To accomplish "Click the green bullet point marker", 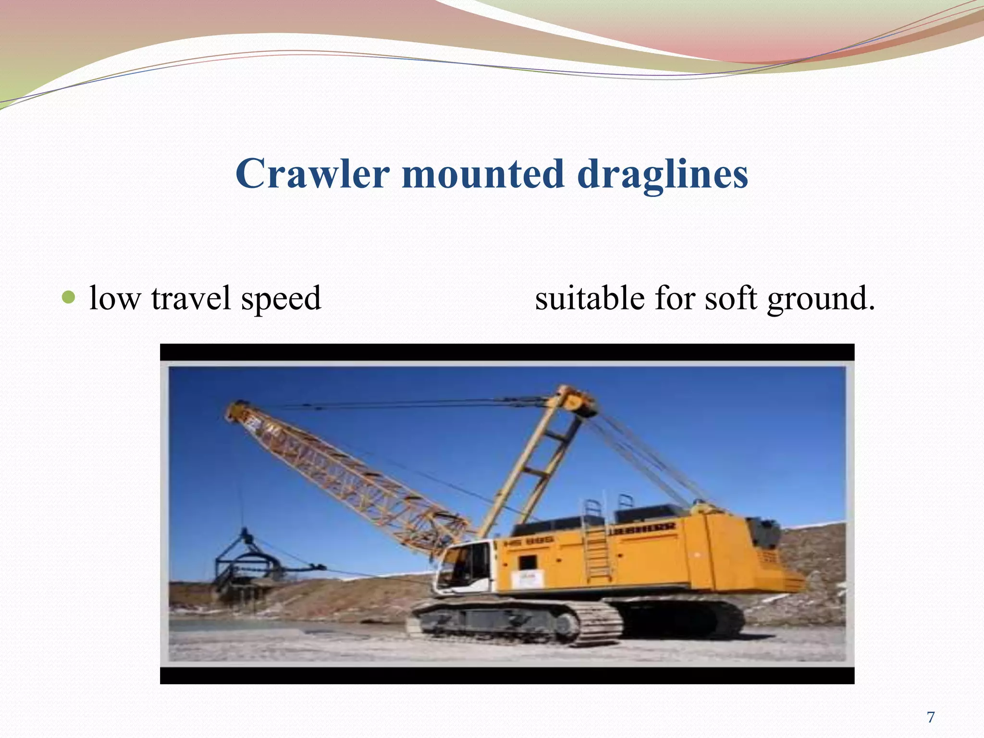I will coord(69,297).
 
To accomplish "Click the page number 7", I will coord(931,717).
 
